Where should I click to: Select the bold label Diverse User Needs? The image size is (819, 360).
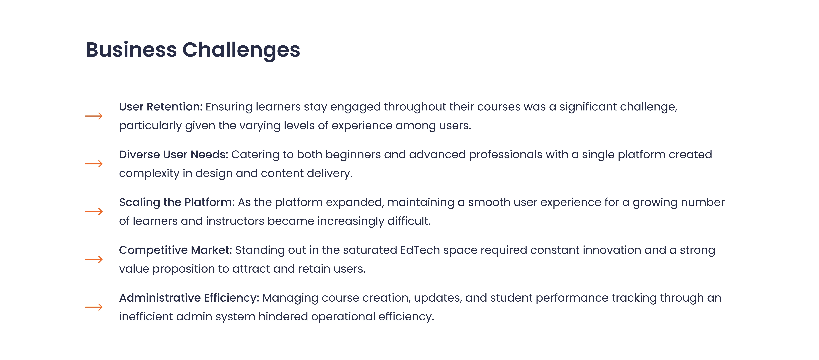click(x=174, y=155)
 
